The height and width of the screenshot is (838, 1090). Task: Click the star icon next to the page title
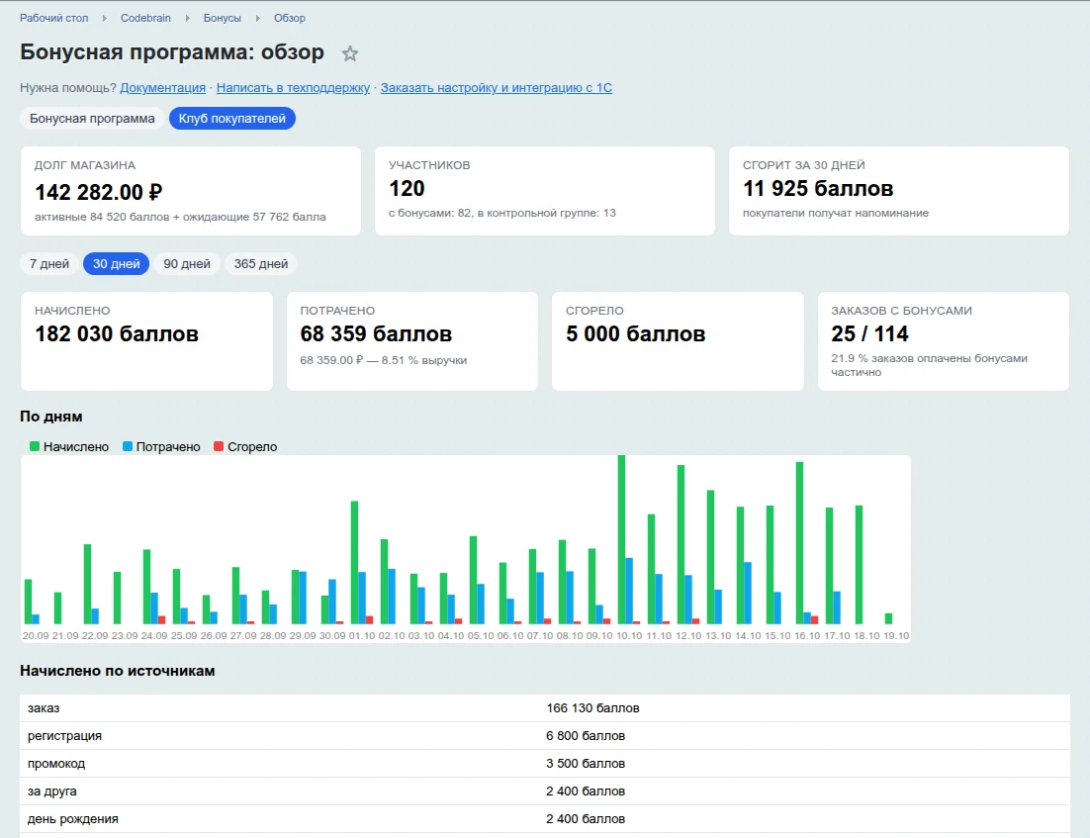pyautogui.click(x=350, y=53)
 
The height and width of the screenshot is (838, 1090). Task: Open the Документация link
pyautogui.click(x=162, y=88)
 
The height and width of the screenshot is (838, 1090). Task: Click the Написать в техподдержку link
pyautogui.click(x=293, y=88)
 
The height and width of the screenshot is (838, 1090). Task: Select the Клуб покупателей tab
pyautogui.click(x=232, y=118)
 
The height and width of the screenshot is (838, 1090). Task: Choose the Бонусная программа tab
pyautogui.click(x=92, y=118)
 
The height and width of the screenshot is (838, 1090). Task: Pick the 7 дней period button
pyautogui.click(x=49, y=263)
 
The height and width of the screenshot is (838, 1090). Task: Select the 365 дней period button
pyautogui.click(x=261, y=263)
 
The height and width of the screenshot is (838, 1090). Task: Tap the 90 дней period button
pyautogui.click(x=187, y=263)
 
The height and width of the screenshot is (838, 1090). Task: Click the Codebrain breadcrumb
pyautogui.click(x=145, y=18)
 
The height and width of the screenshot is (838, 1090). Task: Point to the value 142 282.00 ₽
pyautogui.click(x=99, y=192)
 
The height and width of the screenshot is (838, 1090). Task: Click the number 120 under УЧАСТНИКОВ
pyautogui.click(x=407, y=188)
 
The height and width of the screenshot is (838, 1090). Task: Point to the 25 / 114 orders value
pyautogui.click(x=869, y=333)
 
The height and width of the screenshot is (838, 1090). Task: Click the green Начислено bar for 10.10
pyautogui.click(x=621, y=539)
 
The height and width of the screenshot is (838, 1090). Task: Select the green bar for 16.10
pyautogui.click(x=799, y=542)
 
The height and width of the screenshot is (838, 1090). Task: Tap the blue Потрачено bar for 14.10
pyautogui.click(x=748, y=594)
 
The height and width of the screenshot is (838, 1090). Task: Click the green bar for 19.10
pyautogui.click(x=888, y=618)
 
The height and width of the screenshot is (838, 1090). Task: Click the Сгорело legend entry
pyautogui.click(x=245, y=446)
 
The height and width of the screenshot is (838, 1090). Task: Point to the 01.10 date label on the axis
pyautogui.click(x=361, y=635)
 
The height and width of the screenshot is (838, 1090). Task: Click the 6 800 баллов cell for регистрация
pyautogui.click(x=586, y=736)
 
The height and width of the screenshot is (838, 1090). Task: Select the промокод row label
pyautogui.click(x=56, y=764)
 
